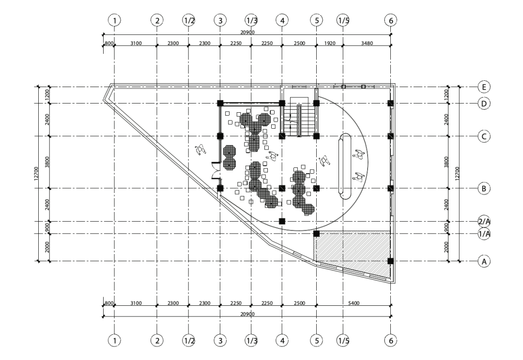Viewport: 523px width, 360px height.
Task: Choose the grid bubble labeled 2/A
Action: click(x=484, y=222)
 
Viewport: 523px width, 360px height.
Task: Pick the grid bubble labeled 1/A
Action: click(x=484, y=234)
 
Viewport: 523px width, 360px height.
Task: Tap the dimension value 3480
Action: click(x=367, y=44)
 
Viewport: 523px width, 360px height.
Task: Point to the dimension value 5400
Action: click(x=354, y=303)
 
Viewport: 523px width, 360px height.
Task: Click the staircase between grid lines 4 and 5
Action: click(x=299, y=120)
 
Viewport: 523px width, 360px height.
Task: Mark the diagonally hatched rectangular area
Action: click(x=353, y=247)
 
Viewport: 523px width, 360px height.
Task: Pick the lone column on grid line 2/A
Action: click(x=282, y=222)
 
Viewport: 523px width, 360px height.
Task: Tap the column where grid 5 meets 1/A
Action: click(x=316, y=234)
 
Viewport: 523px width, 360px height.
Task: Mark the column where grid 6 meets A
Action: click(x=390, y=261)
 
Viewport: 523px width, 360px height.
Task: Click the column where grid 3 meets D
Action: click(x=220, y=103)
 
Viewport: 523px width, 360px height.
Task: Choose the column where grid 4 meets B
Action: click(x=282, y=188)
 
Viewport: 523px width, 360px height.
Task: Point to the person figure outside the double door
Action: click(x=200, y=150)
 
